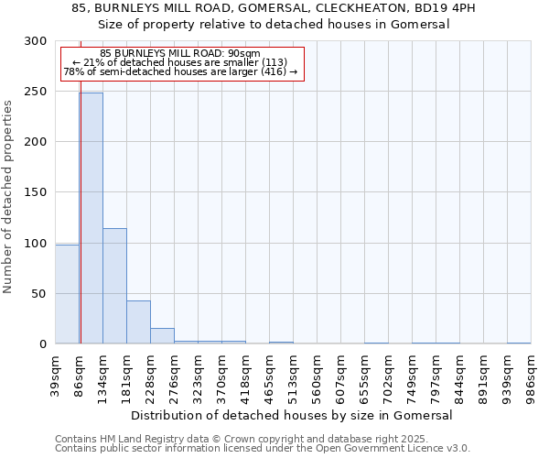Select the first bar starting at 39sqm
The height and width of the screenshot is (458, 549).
pyautogui.click(x=67, y=294)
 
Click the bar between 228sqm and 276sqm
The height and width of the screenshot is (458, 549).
pyautogui.click(x=162, y=336)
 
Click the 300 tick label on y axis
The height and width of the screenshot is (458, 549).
pyautogui.click(x=35, y=41)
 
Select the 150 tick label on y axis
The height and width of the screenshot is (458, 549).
pyautogui.click(x=35, y=192)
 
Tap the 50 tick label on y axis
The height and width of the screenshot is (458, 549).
pyautogui.click(x=38, y=294)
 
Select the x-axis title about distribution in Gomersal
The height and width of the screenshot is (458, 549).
pyautogui.click(x=293, y=415)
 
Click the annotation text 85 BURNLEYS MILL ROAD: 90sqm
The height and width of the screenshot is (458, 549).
pyautogui.click(x=180, y=53)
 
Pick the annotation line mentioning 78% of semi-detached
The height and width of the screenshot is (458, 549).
pyautogui.click(x=180, y=71)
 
